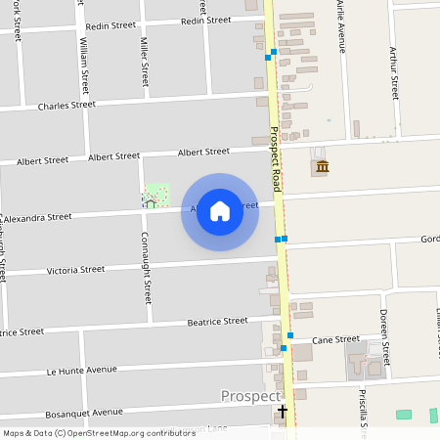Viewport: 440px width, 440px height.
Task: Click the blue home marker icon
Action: coord(220,211)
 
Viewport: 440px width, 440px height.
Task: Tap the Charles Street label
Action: coord(66,105)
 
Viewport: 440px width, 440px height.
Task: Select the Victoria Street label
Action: coord(75,269)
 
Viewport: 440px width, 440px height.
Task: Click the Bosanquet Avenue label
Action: coord(85,412)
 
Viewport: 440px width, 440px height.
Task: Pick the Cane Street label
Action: coord(335,339)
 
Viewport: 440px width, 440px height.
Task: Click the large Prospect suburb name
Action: coord(250,396)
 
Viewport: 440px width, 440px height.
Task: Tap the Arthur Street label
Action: coord(394,73)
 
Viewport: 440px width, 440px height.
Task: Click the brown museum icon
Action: coord(322,166)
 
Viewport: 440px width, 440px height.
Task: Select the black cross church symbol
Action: coord(283,412)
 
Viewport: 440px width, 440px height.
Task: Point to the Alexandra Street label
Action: coord(39,217)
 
